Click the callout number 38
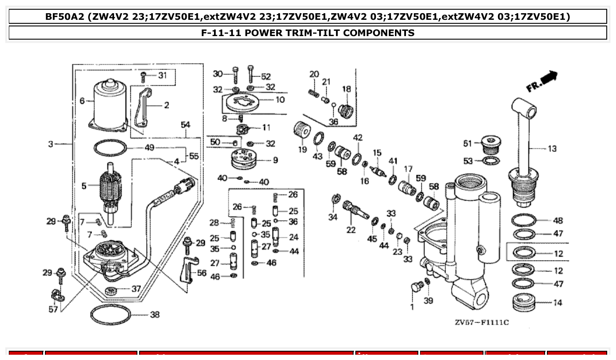[x=155, y=315]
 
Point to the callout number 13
[x=552, y=149]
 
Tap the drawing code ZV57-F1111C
[x=482, y=323]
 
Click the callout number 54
[x=185, y=125]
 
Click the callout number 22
[x=351, y=230]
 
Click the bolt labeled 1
[x=416, y=287]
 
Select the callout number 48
[x=558, y=220]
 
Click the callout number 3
[x=51, y=144]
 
